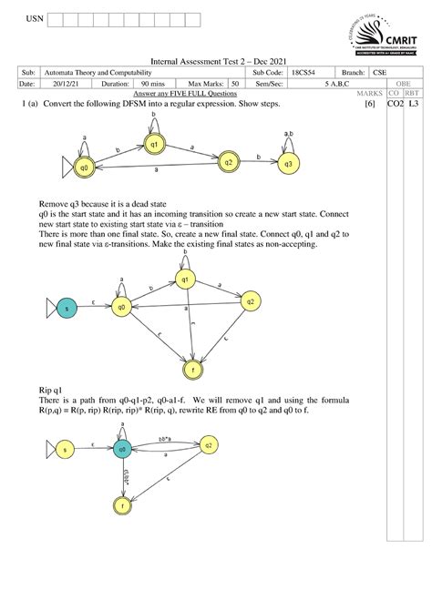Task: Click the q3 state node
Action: [288, 164]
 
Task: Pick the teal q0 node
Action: [120, 448]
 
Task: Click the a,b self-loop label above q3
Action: [288, 135]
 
